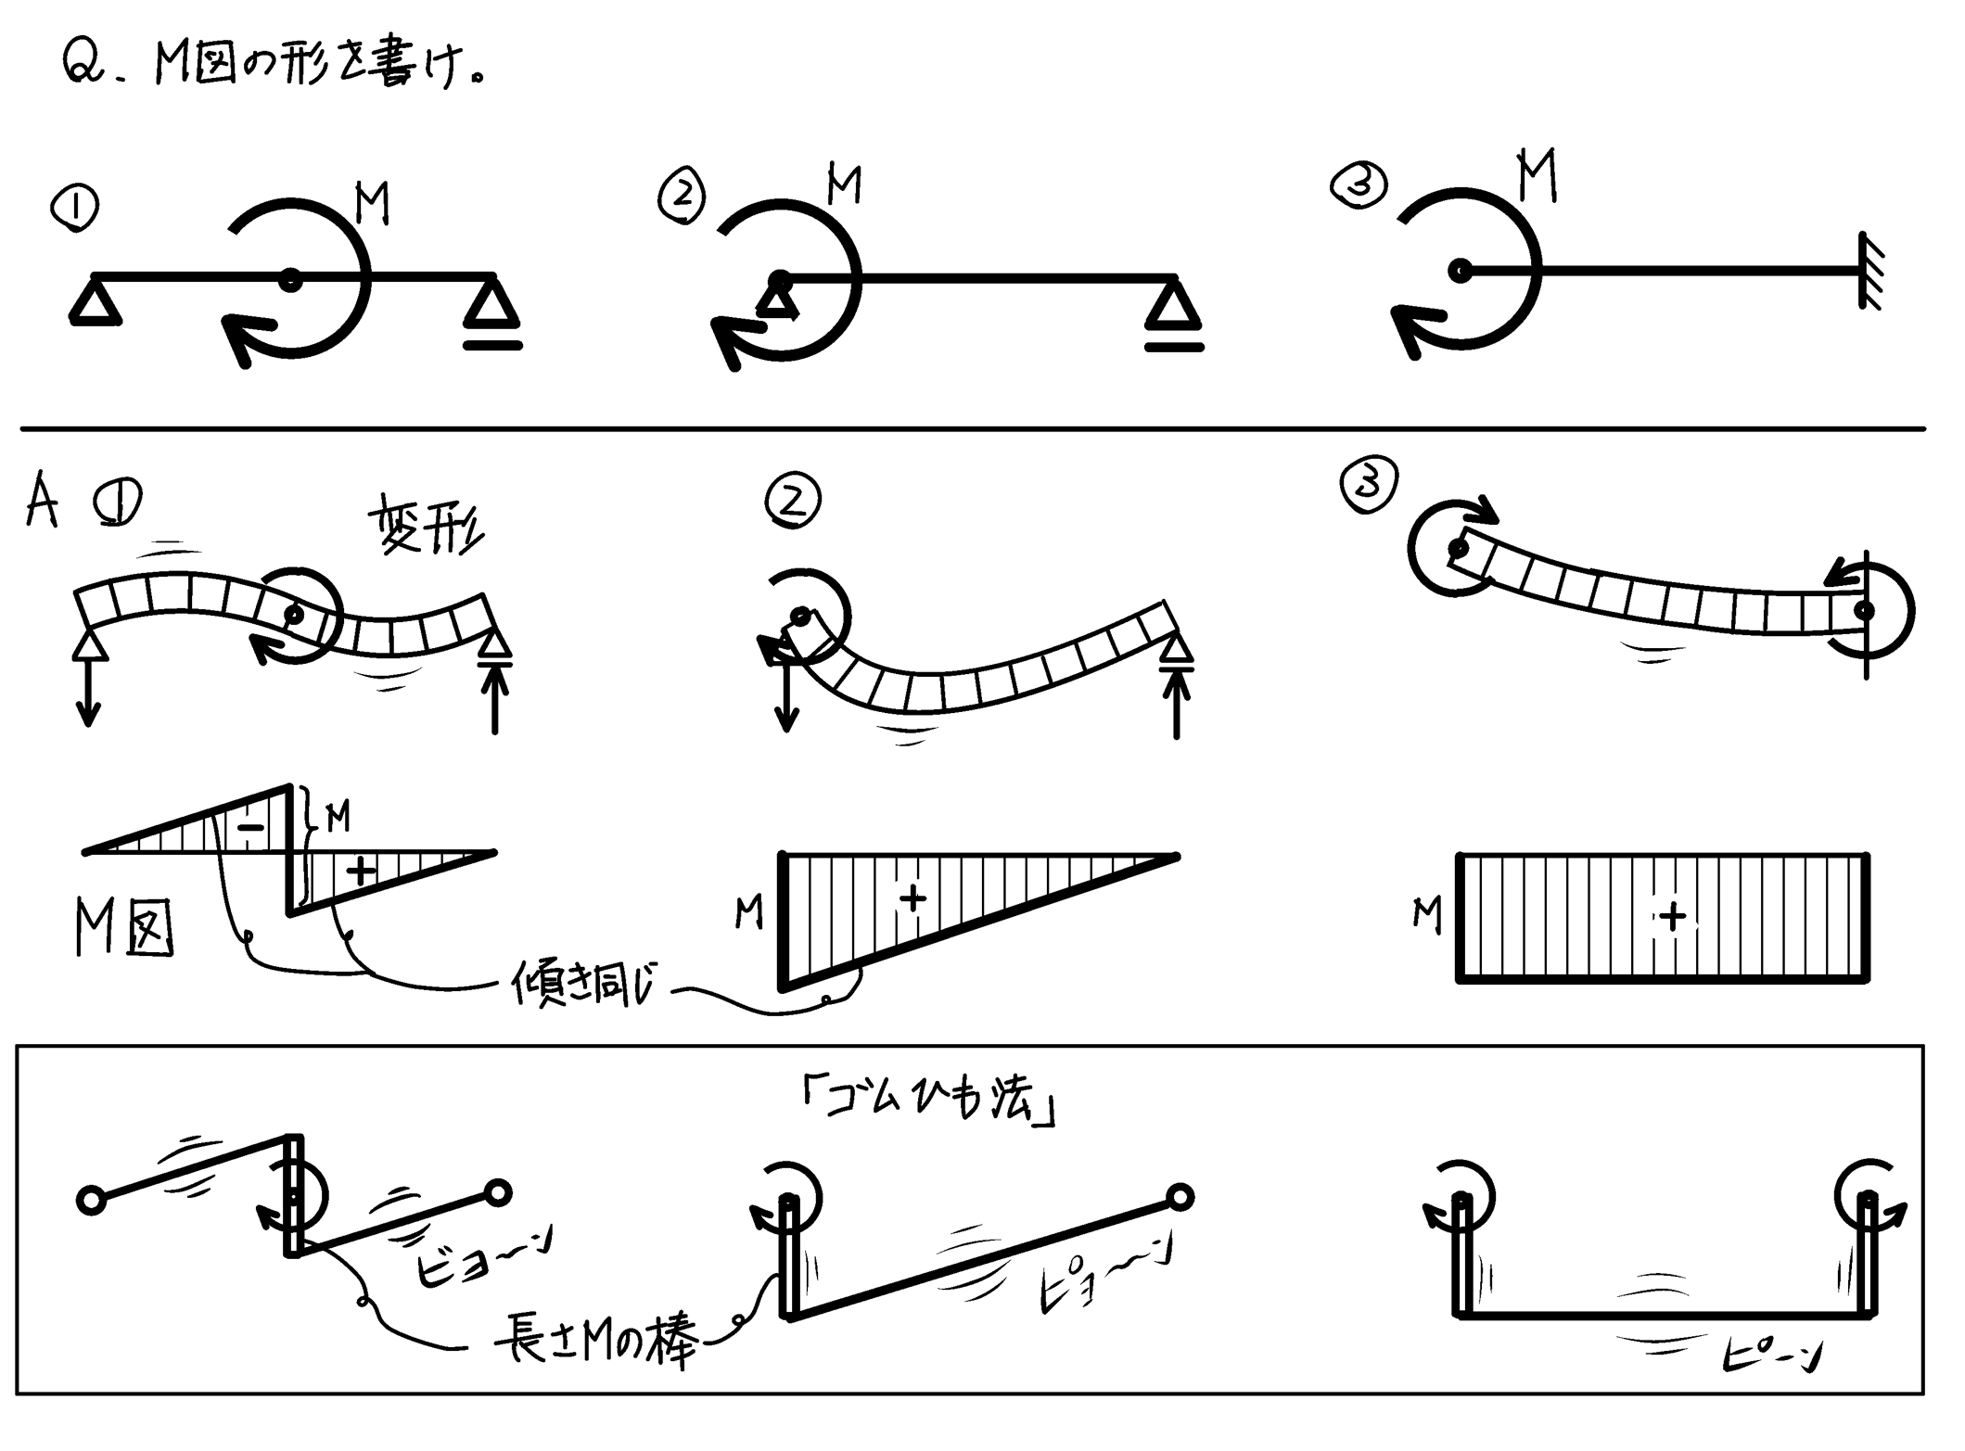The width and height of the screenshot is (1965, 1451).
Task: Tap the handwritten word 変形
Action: (427, 523)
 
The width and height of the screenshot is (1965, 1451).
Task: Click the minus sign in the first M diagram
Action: (252, 826)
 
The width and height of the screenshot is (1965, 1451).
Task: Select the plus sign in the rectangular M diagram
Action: (1673, 917)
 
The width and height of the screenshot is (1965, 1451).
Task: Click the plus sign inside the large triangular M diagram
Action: (913, 897)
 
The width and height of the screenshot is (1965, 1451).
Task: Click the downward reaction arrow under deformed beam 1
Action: (88, 691)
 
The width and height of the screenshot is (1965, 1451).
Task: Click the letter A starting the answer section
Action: (41, 502)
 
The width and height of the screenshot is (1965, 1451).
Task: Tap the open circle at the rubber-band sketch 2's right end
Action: (1180, 1197)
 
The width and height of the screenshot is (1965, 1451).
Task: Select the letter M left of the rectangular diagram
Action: (1427, 914)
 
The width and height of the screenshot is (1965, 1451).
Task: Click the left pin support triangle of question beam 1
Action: (96, 302)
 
